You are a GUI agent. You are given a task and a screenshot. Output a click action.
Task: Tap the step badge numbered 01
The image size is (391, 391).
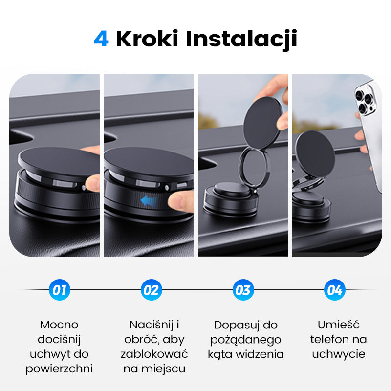coord(60,290)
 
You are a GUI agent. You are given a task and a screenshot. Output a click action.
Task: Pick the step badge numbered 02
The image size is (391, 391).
coord(151,290)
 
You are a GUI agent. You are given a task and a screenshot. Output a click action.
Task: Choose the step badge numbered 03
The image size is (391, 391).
coord(243,290)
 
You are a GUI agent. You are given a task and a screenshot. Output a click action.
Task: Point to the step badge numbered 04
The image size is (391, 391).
coord(334,290)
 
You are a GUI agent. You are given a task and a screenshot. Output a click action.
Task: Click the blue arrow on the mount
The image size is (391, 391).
coord(150,199)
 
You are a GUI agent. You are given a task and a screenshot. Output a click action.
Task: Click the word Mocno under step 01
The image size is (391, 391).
coord(59,325)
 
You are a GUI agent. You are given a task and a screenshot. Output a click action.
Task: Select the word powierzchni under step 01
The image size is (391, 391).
coord(59,369)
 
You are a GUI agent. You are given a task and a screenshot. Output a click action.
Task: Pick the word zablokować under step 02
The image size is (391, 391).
coord(154,354)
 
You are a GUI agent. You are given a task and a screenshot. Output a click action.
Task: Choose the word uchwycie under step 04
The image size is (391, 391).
coord(338,354)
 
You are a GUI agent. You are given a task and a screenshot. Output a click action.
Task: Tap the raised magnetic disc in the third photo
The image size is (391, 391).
coord(262,122)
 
